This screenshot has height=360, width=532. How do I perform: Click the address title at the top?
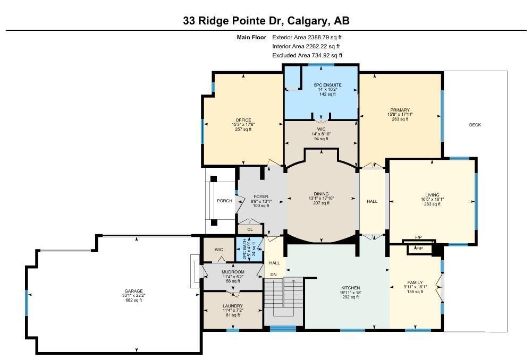[x=266, y=21]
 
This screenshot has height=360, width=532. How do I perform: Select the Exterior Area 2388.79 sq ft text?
[x=307, y=37]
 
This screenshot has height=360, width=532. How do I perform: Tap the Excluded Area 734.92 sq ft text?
[x=307, y=55]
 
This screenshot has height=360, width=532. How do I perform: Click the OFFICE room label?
[x=243, y=120]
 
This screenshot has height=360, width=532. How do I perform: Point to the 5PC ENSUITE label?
[x=327, y=85]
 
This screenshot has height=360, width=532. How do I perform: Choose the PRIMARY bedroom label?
[x=400, y=110]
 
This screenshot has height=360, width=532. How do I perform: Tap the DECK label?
[x=475, y=125]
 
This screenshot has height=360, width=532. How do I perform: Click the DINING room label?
[x=321, y=194]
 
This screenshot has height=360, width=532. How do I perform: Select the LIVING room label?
[x=432, y=195]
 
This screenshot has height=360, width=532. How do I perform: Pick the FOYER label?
[x=261, y=196]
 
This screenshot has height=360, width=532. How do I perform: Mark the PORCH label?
[x=225, y=201]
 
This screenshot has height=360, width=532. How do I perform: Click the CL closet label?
[x=250, y=229]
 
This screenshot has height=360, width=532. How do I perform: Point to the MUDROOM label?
[x=233, y=272]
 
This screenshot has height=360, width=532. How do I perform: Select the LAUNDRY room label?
[x=233, y=306]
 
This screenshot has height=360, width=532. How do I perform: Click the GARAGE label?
[x=134, y=291]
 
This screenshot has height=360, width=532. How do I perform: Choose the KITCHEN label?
[x=350, y=288]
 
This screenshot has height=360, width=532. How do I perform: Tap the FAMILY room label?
[x=415, y=282]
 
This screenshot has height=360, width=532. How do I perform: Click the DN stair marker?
[x=273, y=275]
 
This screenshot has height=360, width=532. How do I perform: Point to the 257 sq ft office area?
[x=243, y=129]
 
